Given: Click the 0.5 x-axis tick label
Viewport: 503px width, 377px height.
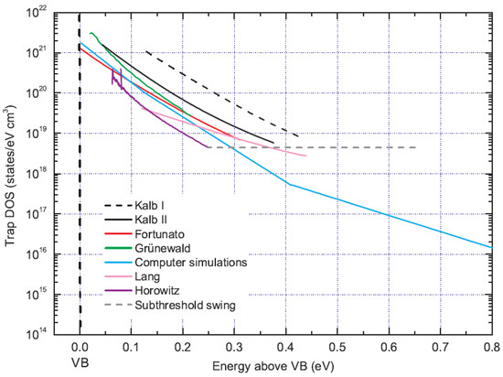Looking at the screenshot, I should (x=338, y=347).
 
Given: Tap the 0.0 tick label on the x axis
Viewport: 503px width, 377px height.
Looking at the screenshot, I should (x=80, y=347).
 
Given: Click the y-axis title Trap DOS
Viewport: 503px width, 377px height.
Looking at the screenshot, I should (x=11, y=174).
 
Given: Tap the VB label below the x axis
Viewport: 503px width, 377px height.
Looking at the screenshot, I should (x=80, y=363).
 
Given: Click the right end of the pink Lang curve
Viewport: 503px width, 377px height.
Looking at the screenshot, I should (x=306, y=156).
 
